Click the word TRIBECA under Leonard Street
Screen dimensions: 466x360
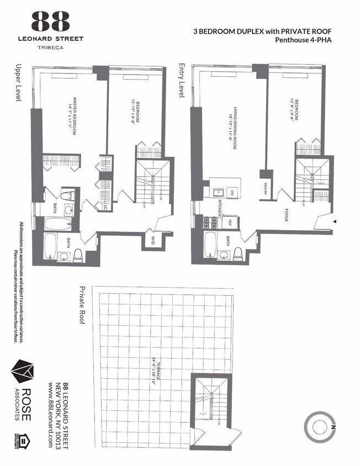pyautogui.click(x=50, y=47)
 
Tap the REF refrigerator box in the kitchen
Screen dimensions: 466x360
pyautogui.click(x=229, y=222)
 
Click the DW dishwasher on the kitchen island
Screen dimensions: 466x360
pyautogui.click(x=232, y=192)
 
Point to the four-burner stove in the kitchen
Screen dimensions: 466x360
pyautogui.click(x=210, y=222)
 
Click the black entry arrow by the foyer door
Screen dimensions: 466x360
pyautogui.click(x=334, y=221)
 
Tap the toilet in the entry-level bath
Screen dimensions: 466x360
pyautogui.click(x=238, y=253)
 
